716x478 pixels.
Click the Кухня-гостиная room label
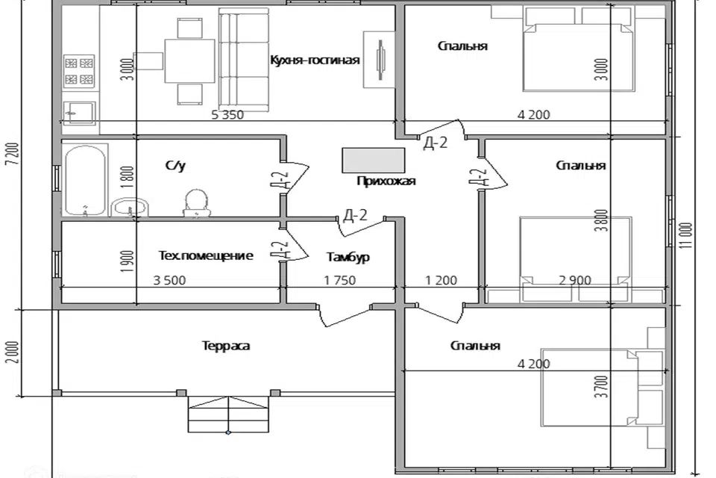315,60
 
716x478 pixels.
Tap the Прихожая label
386,180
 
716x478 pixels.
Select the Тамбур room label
348,257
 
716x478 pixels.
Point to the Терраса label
225,346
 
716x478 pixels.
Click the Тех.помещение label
206,255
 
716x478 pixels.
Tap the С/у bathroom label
175,166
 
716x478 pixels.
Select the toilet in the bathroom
195,202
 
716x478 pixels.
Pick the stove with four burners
79,70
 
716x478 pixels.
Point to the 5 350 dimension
227,114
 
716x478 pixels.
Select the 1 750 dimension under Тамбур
339,281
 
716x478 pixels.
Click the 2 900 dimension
574,281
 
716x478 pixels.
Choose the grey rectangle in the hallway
374,159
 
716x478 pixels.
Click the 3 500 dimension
169,281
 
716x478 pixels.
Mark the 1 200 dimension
441,281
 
